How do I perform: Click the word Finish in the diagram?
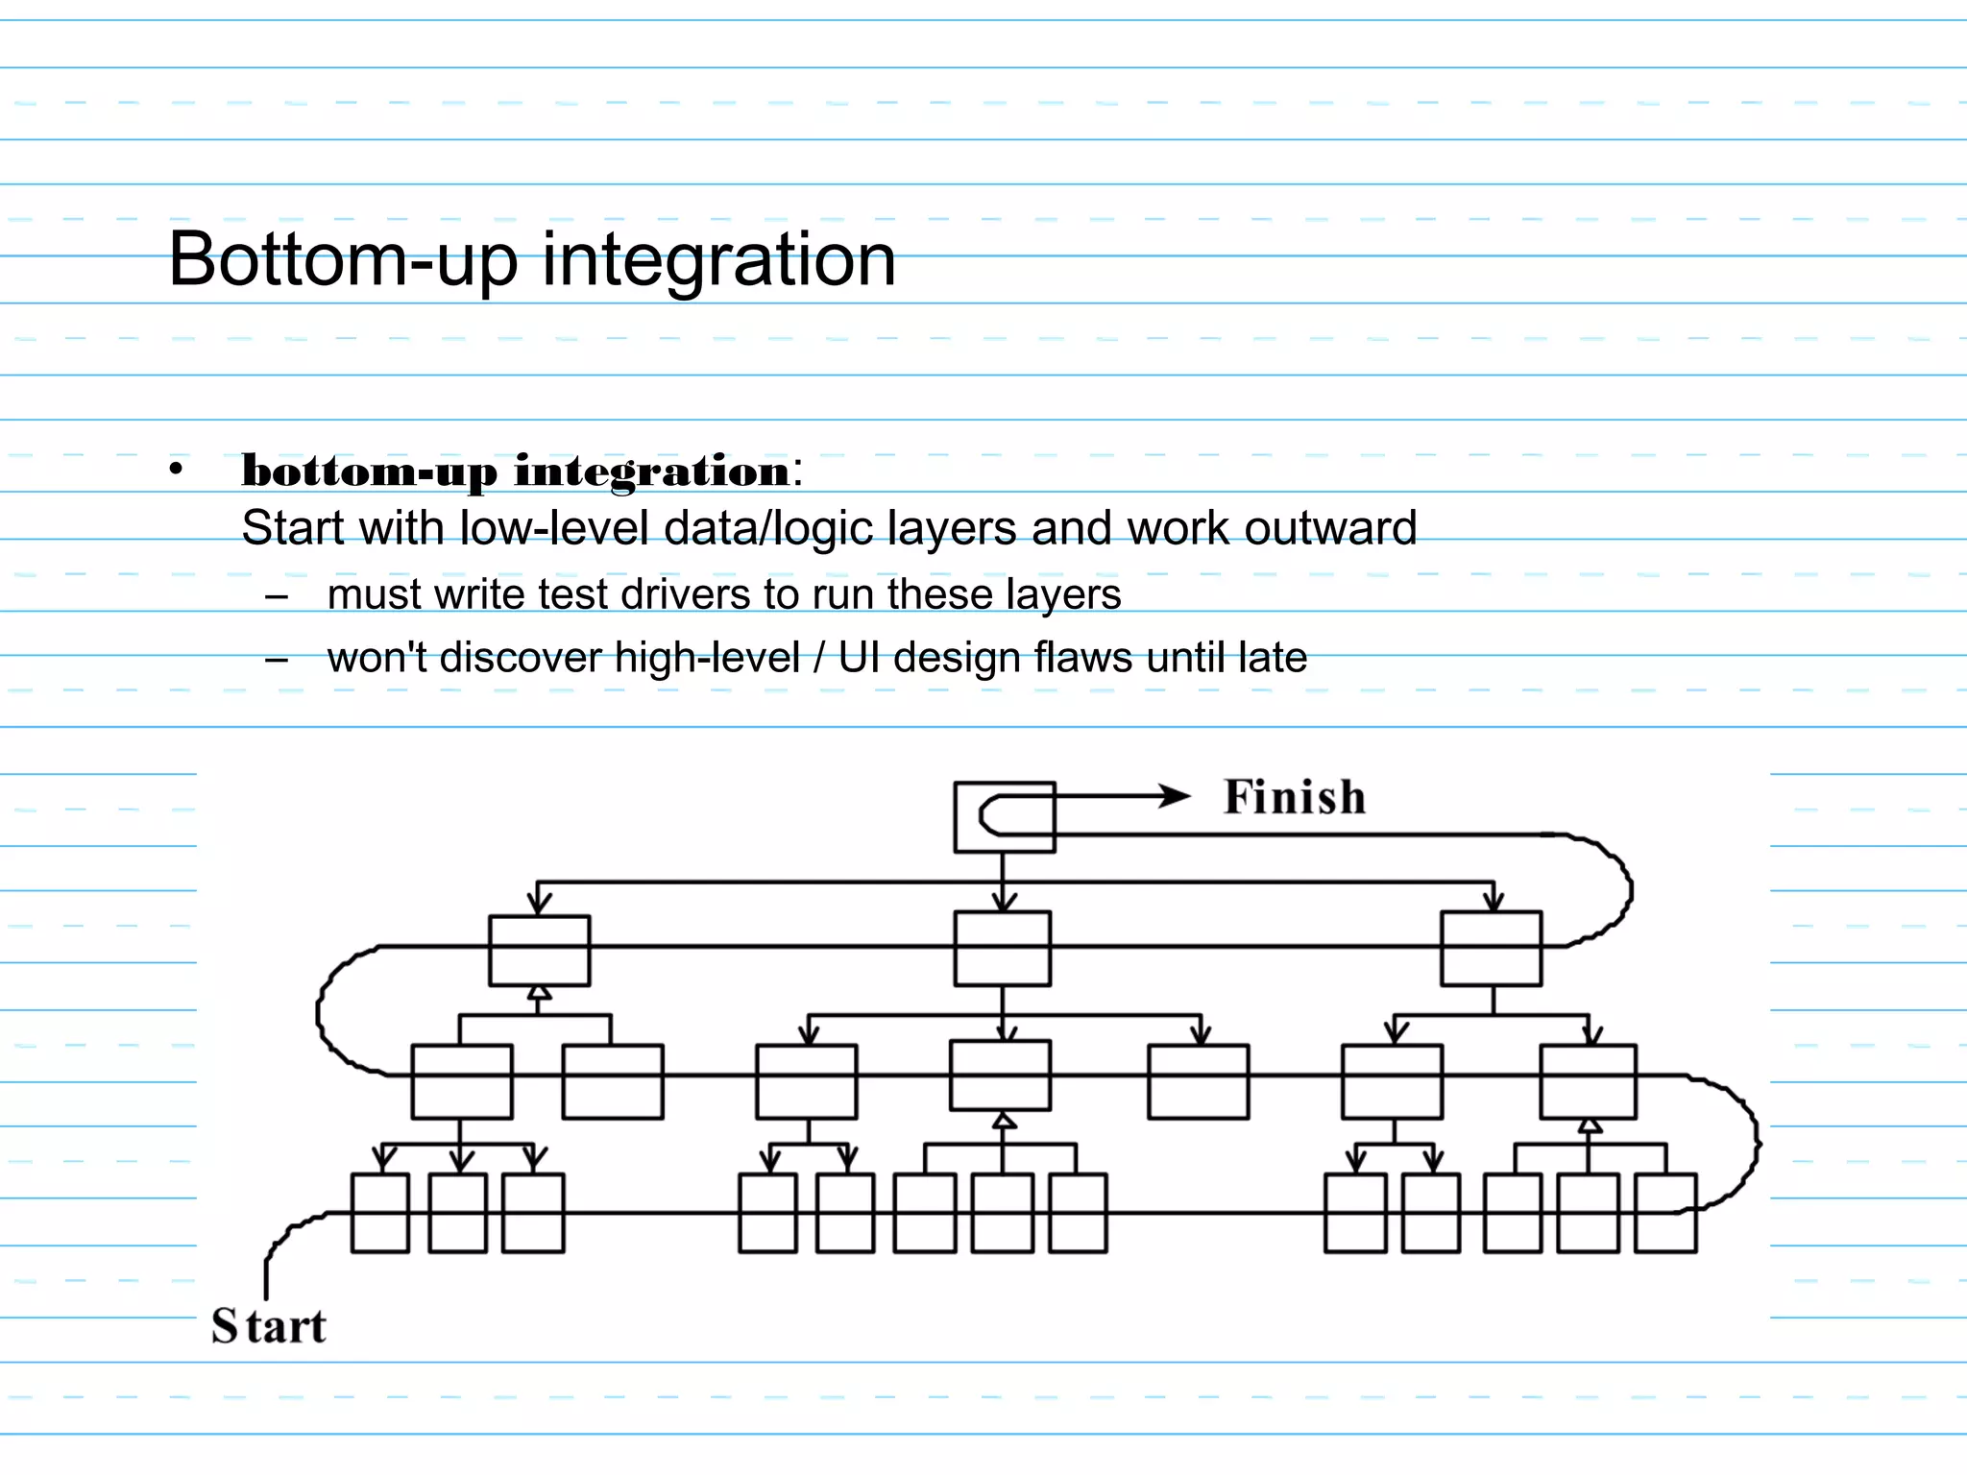click(x=1294, y=798)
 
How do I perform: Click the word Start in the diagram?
click(x=269, y=1326)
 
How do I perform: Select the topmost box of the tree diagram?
click(x=1004, y=817)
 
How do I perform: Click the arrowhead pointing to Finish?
click(x=1174, y=796)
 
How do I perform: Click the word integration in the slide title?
click(x=718, y=259)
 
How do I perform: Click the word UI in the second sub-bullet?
click(x=859, y=659)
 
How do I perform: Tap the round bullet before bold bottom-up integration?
click(x=175, y=470)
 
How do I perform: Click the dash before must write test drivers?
click(x=278, y=596)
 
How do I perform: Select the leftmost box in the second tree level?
click(x=539, y=951)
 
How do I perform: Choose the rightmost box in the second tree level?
click(x=1491, y=949)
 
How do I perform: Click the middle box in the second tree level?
click(x=1002, y=949)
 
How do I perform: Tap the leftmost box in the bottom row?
click(x=379, y=1213)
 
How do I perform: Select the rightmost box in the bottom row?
click(x=1665, y=1213)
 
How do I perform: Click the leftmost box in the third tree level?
click(x=461, y=1082)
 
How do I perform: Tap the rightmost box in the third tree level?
click(x=1588, y=1082)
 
